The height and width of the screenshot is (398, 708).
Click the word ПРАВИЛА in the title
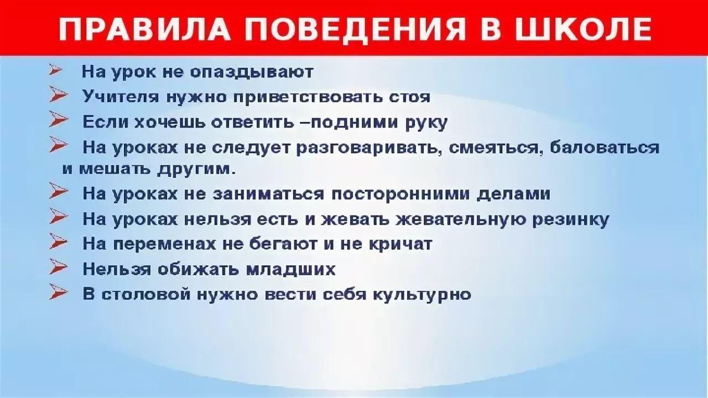pyautogui.click(x=144, y=29)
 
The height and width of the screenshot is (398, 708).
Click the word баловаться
pyautogui.click(x=605, y=148)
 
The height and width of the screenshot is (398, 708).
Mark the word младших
pyautogui.click(x=290, y=269)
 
